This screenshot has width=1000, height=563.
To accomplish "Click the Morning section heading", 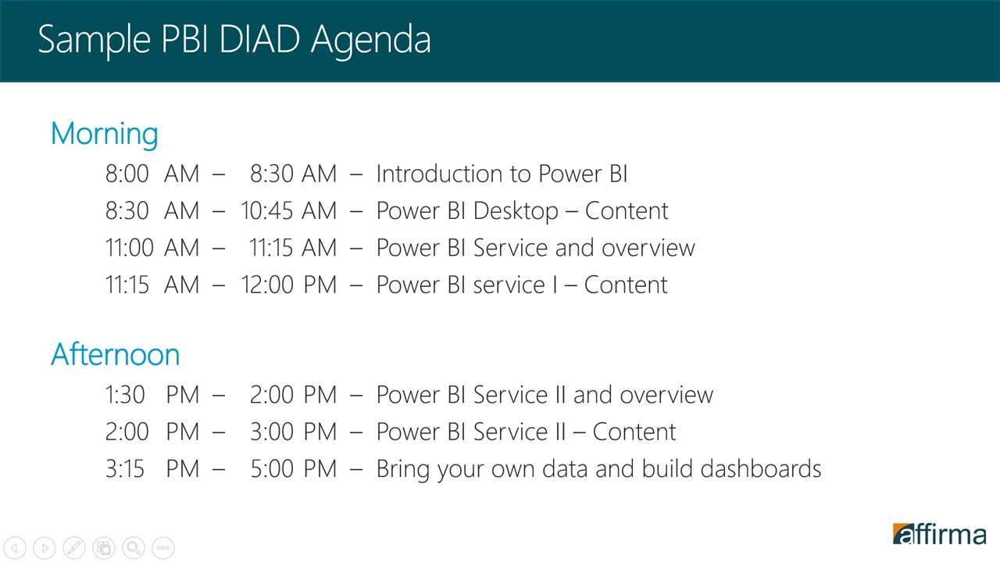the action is [x=105, y=134].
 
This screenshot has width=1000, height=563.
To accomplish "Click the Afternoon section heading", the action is [x=115, y=354].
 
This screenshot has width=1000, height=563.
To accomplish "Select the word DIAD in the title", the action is [x=259, y=39].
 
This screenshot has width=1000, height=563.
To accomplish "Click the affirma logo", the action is [x=939, y=534].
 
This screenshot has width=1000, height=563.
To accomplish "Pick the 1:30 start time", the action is [x=125, y=395].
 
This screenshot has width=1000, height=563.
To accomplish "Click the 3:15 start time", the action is [x=125, y=469].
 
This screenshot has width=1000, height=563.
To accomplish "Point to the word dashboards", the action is [x=761, y=468].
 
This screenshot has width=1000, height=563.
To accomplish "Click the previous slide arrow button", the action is [x=15, y=547].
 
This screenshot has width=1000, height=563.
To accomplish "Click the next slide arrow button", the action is [x=45, y=547].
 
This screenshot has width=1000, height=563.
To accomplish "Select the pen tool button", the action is [x=74, y=547].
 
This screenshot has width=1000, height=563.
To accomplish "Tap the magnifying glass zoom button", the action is [x=134, y=547].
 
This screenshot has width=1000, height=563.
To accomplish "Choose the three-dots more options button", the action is [x=163, y=547].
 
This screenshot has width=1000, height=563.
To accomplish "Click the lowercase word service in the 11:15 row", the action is [x=509, y=285].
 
